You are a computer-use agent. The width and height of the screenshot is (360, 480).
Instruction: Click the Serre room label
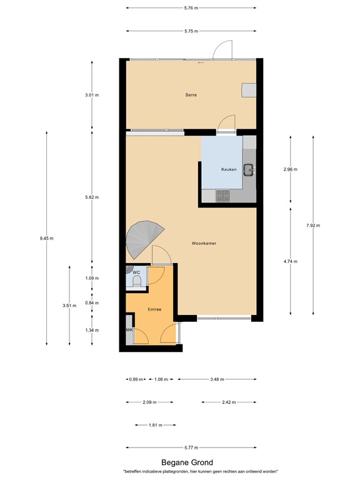191,95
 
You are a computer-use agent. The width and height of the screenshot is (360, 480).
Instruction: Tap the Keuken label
229,170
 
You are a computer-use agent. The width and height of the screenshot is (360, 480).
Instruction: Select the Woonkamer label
204,243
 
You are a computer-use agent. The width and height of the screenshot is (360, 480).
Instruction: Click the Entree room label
155,309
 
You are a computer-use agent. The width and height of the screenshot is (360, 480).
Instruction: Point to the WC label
135,272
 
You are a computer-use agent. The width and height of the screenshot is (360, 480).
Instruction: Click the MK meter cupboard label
129,330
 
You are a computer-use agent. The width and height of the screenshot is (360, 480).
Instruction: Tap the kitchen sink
249,168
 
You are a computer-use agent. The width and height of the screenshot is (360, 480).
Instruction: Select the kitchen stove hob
223,196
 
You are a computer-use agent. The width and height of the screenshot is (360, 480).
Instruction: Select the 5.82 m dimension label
92,197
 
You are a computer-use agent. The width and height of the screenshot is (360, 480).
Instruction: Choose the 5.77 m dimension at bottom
191,447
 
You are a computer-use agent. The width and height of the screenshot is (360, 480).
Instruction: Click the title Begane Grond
187,462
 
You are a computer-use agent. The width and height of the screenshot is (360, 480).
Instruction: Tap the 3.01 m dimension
92,95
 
